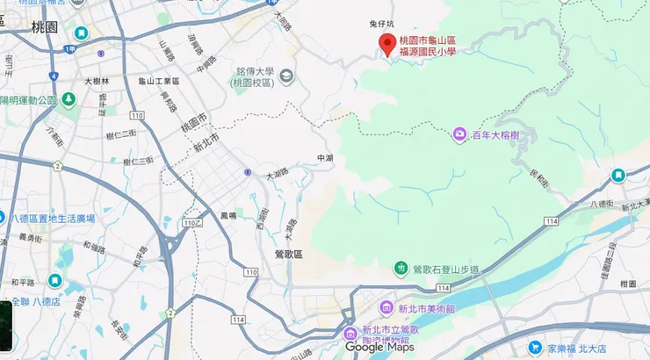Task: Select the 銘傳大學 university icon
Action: pyautogui.click(x=286, y=77)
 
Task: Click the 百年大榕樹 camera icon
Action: pyautogui.click(x=459, y=134)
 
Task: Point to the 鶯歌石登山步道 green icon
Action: pyautogui.click(x=401, y=268)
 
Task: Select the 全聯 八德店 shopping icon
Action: pyautogui.click(x=54, y=281)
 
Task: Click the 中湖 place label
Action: pyautogui.click(x=325, y=158)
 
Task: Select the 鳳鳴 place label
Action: pyautogui.click(x=228, y=214)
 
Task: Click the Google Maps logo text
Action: pyautogui.click(x=379, y=347)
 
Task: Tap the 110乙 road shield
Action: pyautogui.click(x=192, y=224)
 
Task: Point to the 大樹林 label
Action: pyautogui.click(x=97, y=81)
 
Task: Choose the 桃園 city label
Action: pyautogui.click(x=43, y=27)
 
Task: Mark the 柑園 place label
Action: pyautogui.click(x=627, y=284)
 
